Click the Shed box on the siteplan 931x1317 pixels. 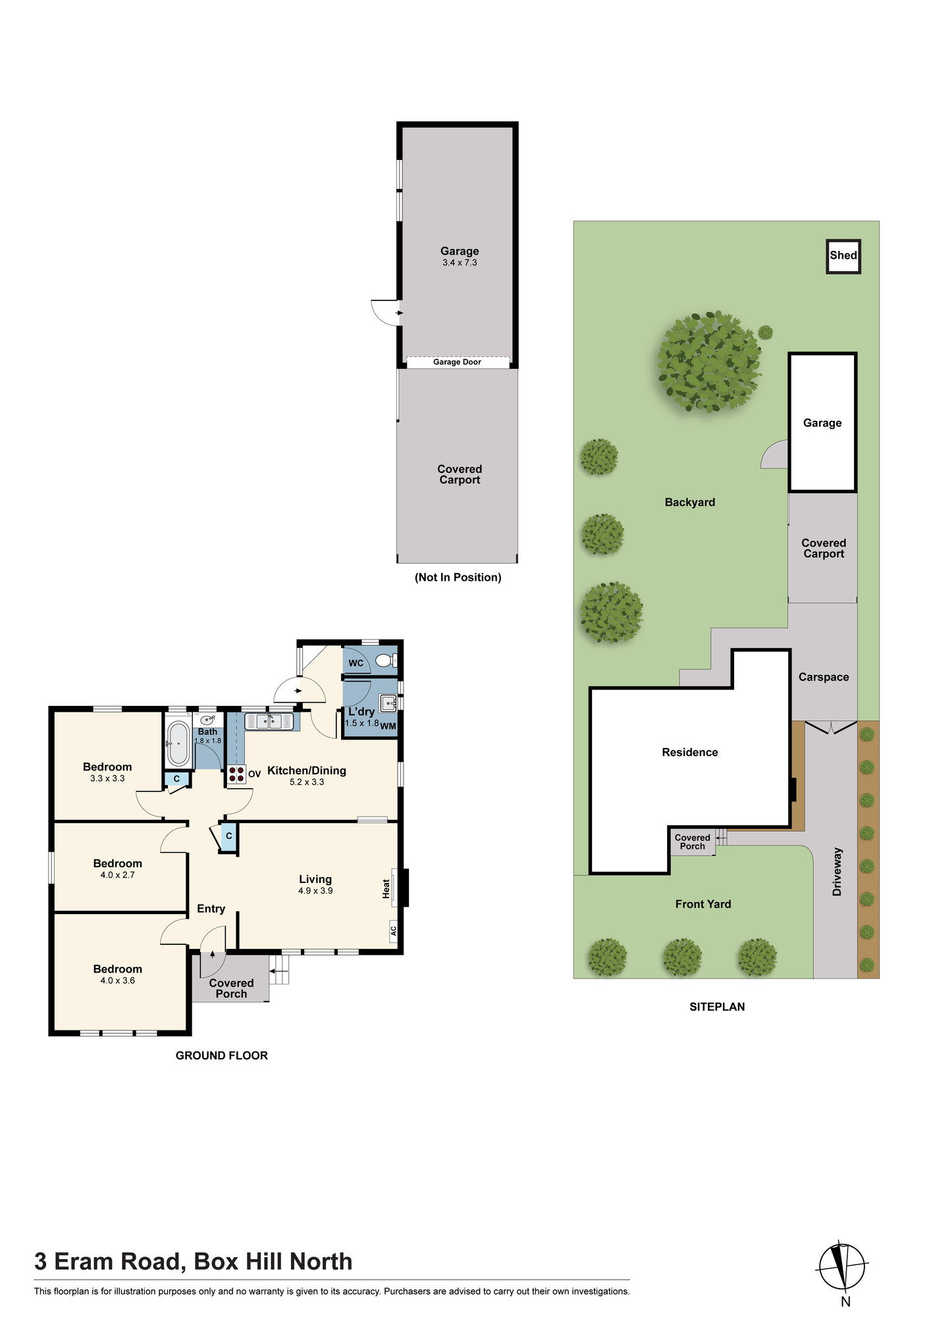pyautogui.click(x=843, y=256)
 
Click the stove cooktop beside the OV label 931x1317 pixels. pyautogui.click(x=236, y=774)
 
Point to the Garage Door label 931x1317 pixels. pyautogui.click(x=457, y=362)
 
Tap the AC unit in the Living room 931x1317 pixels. pyautogui.click(x=394, y=930)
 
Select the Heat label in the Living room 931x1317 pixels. pyautogui.click(x=386, y=888)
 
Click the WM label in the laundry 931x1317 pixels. pyautogui.click(x=388, y=726)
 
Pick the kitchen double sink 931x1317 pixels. pyautogui.click(x=269, y=721)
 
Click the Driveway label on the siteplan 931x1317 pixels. pyautogui.click(x=837, y=871)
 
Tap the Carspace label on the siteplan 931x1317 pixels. pyautogui.click(x=824, y=677)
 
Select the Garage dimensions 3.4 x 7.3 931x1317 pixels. pyautogui.click(x=460, y=263)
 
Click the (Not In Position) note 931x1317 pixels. pyautogui.click(x=458, y=578)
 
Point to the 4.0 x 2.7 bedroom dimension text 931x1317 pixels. pyautogui.click(x=118, y=875)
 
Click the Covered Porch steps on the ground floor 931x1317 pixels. pyautogui.click(x=280, y=969)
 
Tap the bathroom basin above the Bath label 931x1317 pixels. pyautogui.click(x=207, y=720)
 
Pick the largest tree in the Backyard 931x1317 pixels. pyautogui.click(x=709, y=363)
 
